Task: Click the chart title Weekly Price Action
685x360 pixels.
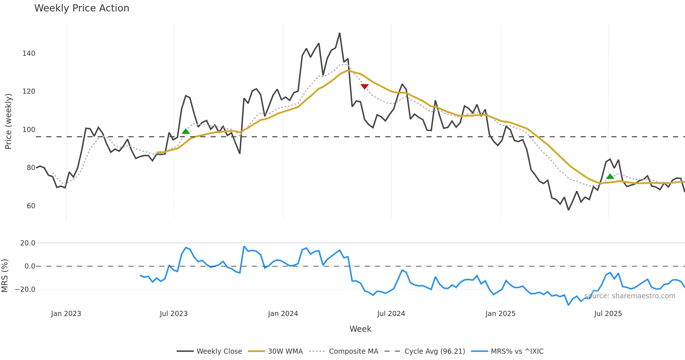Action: click(x=82, y=8)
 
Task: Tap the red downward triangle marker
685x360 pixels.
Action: click(x=364, y=86)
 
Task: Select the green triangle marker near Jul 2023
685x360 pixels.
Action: click(x=186, y=131)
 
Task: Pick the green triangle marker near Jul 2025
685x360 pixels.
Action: click(x=610, y=177)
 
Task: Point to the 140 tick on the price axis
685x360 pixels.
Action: click(x=29, y=53)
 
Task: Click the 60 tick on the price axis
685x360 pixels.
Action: click(x=31, y=206)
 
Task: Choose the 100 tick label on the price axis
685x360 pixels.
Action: click(x=29, y=130)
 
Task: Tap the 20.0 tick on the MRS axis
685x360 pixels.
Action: click(x=28, y=243)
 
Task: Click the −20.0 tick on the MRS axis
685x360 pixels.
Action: click(x=25, y=289)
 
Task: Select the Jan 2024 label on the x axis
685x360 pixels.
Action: click(x=283, y=314)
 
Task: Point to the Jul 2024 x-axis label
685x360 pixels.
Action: click(x=391, y=314)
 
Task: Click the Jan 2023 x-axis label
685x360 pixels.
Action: click(x=66, y=314)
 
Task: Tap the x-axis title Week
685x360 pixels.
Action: click(x=360, y=329)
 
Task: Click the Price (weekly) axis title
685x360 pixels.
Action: click(x=8, y=121)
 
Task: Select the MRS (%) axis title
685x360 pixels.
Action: click(x=5, y=276)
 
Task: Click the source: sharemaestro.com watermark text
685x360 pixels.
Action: click(x=630, y=296)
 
